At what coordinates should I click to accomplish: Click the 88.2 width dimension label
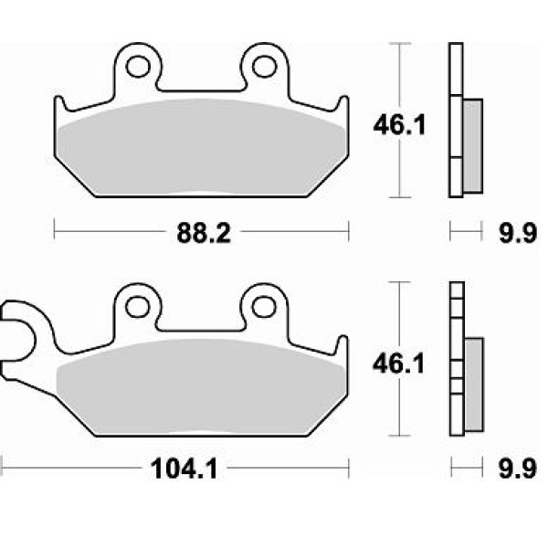point(204,233)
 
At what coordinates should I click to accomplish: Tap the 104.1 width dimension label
point(184,469)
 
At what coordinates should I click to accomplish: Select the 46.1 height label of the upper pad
point(399,125)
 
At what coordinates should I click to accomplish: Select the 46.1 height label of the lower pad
point(399,364)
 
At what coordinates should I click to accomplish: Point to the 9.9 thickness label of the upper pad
point(518,233)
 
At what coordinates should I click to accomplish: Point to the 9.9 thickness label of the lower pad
point(518,469)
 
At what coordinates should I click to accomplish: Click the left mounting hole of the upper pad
point(138,67)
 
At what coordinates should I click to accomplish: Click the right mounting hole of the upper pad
point(265,67)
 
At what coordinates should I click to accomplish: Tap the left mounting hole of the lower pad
point(138,307)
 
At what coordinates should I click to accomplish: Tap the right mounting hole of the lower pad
point(264,307)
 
